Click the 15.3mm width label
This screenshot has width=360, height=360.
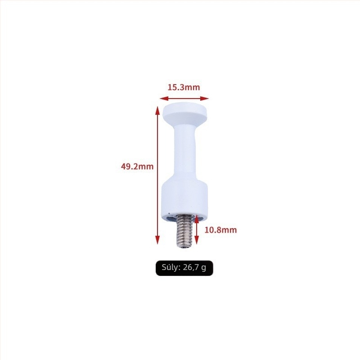coord(184,87)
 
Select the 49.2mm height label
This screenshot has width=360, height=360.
coord(137,166)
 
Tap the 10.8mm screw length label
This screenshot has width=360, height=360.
coord(220,230)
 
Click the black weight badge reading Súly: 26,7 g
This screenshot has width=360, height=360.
coord(184,268)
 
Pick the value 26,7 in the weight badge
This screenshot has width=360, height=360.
coord(190,267)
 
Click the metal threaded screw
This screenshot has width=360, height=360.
coord(184,231)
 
